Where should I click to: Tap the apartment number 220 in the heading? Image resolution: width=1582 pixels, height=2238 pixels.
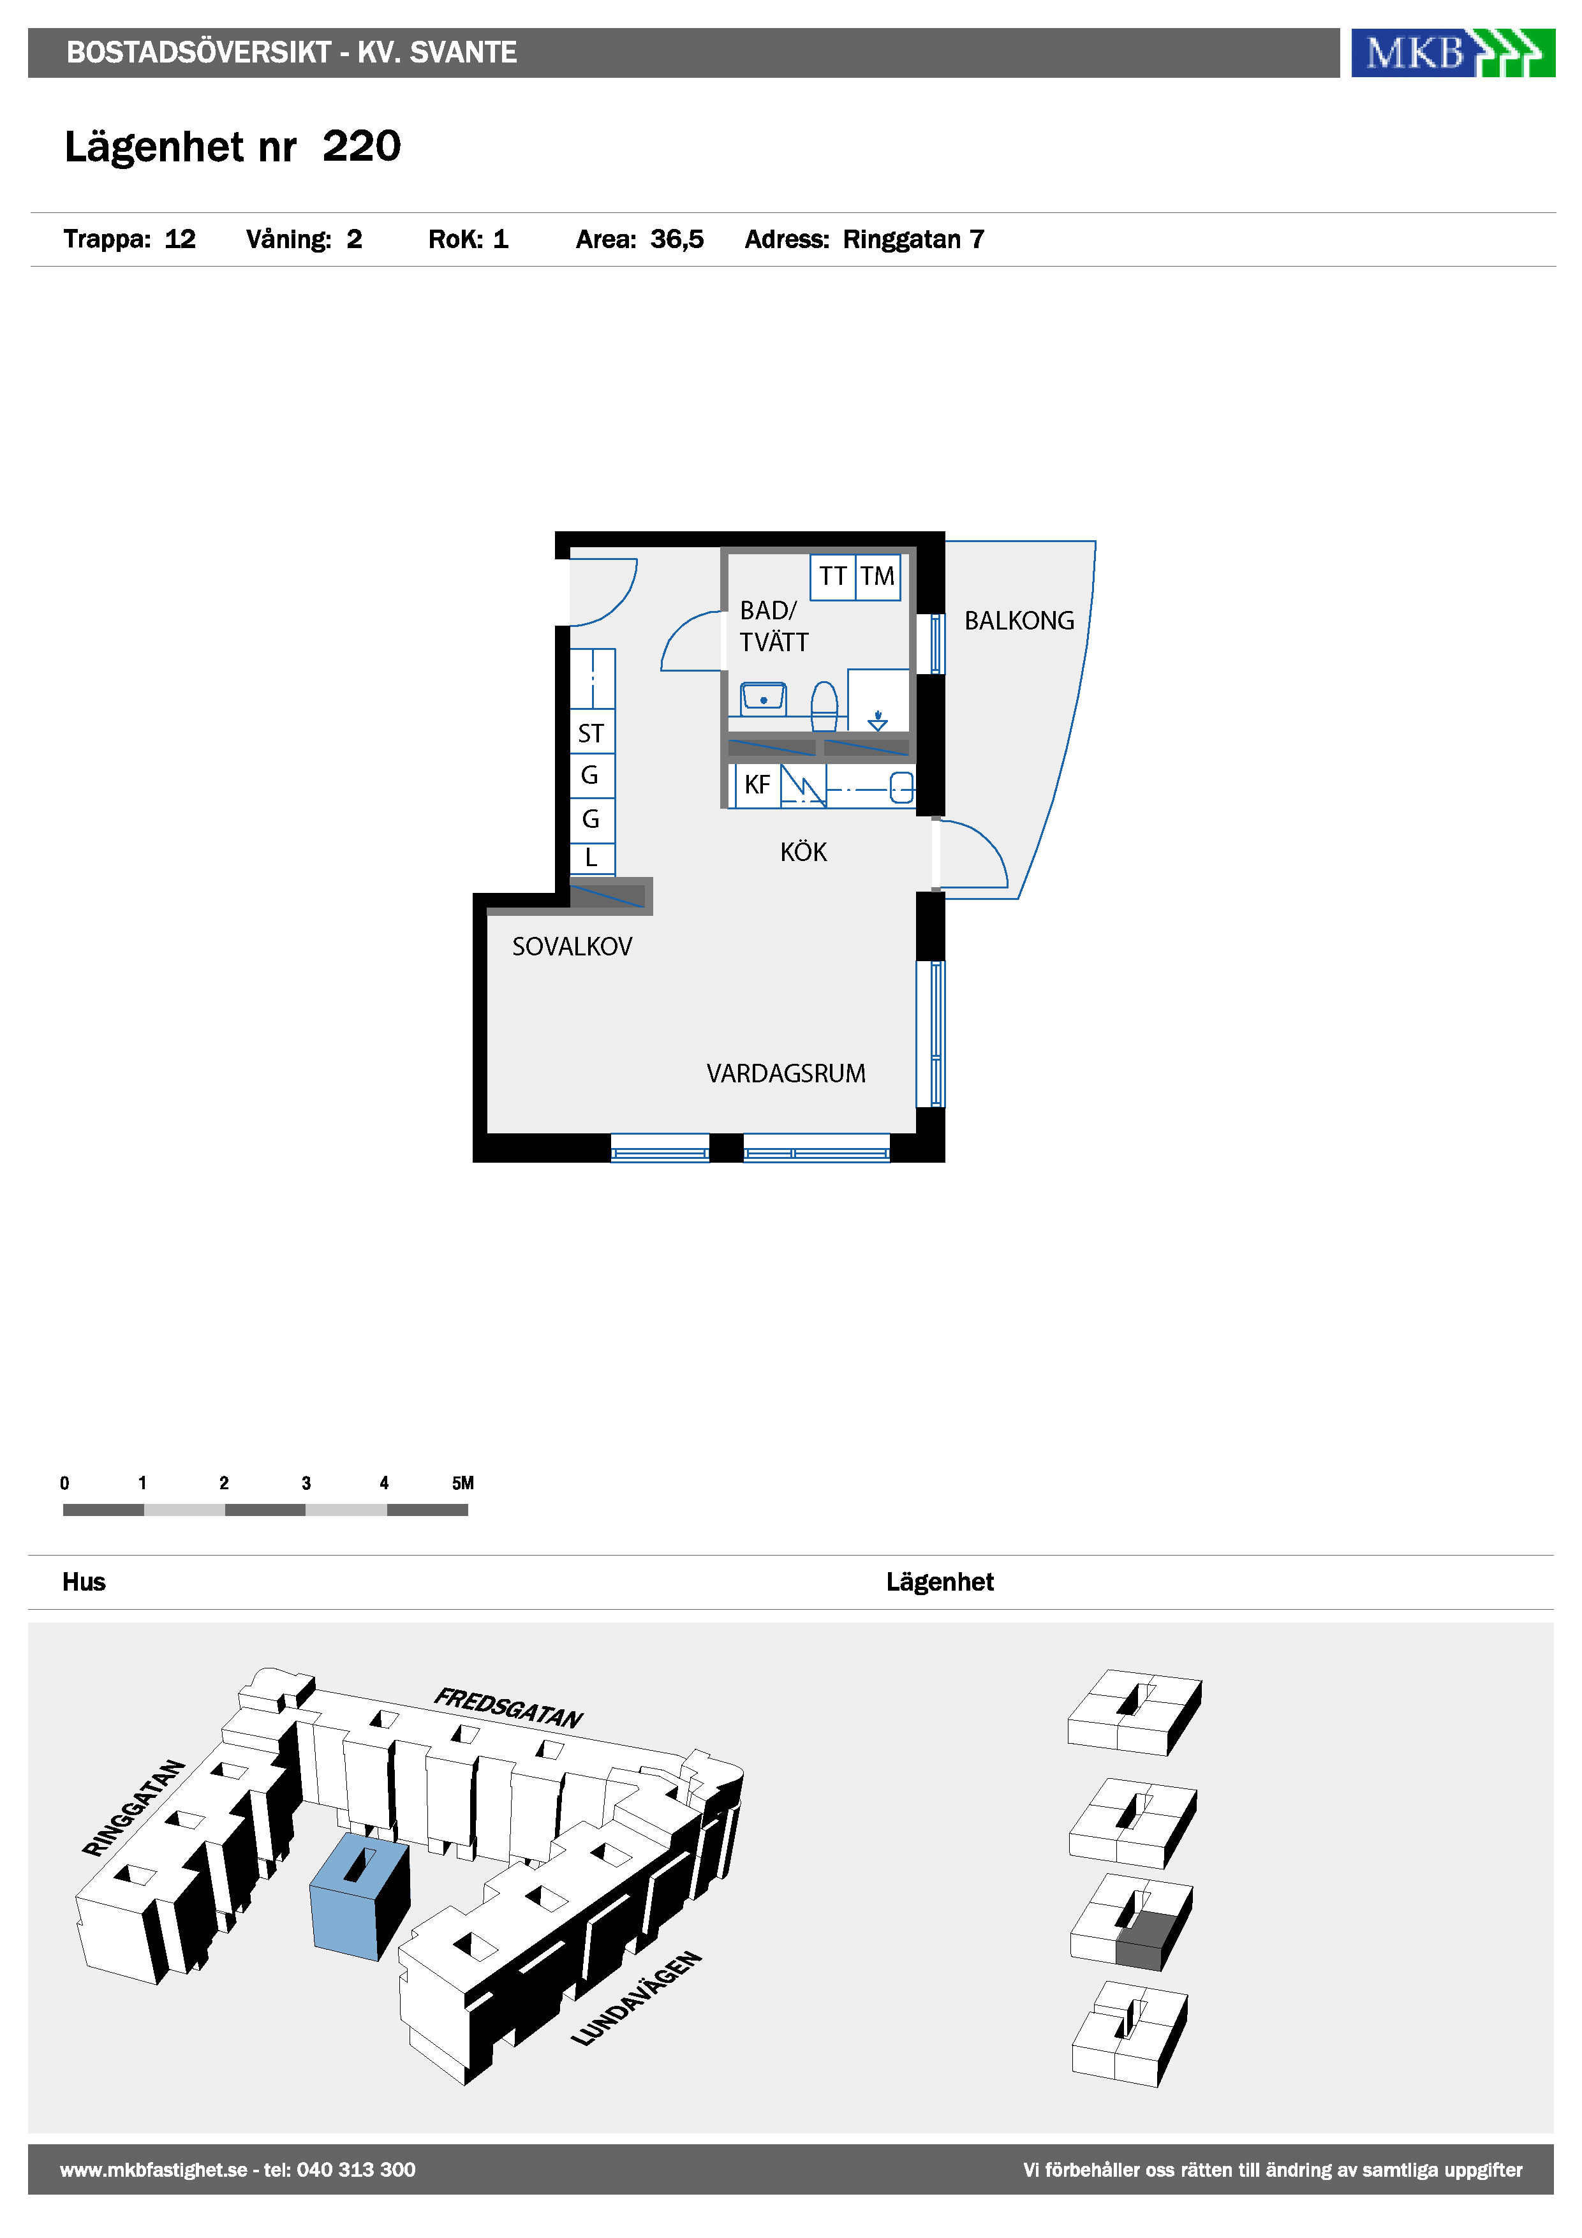[x=362, y=146]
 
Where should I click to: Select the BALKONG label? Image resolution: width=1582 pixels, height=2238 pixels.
[x=1019, y=621]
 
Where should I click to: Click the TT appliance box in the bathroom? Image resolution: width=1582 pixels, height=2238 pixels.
[x=832, y=577]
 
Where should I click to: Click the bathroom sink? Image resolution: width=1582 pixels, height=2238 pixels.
[x=763, y=699]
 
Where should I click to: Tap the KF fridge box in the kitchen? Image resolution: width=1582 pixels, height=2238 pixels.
[x=757, y=784]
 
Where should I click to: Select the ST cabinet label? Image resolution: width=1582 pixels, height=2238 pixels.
[x=591, y=733]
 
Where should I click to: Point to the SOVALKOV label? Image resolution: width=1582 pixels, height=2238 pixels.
[x=572, y=946]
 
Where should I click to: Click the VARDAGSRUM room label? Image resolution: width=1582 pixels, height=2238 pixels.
[x=786, y=1073]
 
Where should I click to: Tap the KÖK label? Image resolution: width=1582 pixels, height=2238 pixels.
[x=803, y=852]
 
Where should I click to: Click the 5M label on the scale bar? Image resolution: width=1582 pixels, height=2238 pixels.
[x=463, y=1483]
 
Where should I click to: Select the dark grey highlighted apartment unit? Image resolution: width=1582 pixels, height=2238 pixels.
[x=1153, y=1941]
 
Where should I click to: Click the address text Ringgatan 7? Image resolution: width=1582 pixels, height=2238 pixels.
[x=913, y=240]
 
